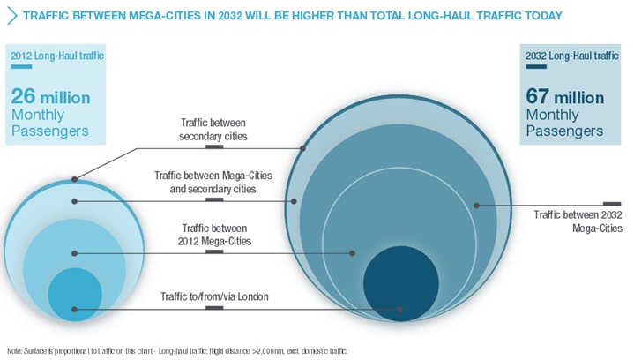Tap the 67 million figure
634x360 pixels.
coord(564,96)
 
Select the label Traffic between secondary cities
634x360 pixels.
coord(213,131)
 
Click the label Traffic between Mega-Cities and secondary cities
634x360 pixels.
coord(213,182)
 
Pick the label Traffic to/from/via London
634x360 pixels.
coord(214,296)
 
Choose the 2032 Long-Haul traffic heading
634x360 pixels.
coord(568,56)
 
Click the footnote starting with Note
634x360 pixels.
coord(176,350)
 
